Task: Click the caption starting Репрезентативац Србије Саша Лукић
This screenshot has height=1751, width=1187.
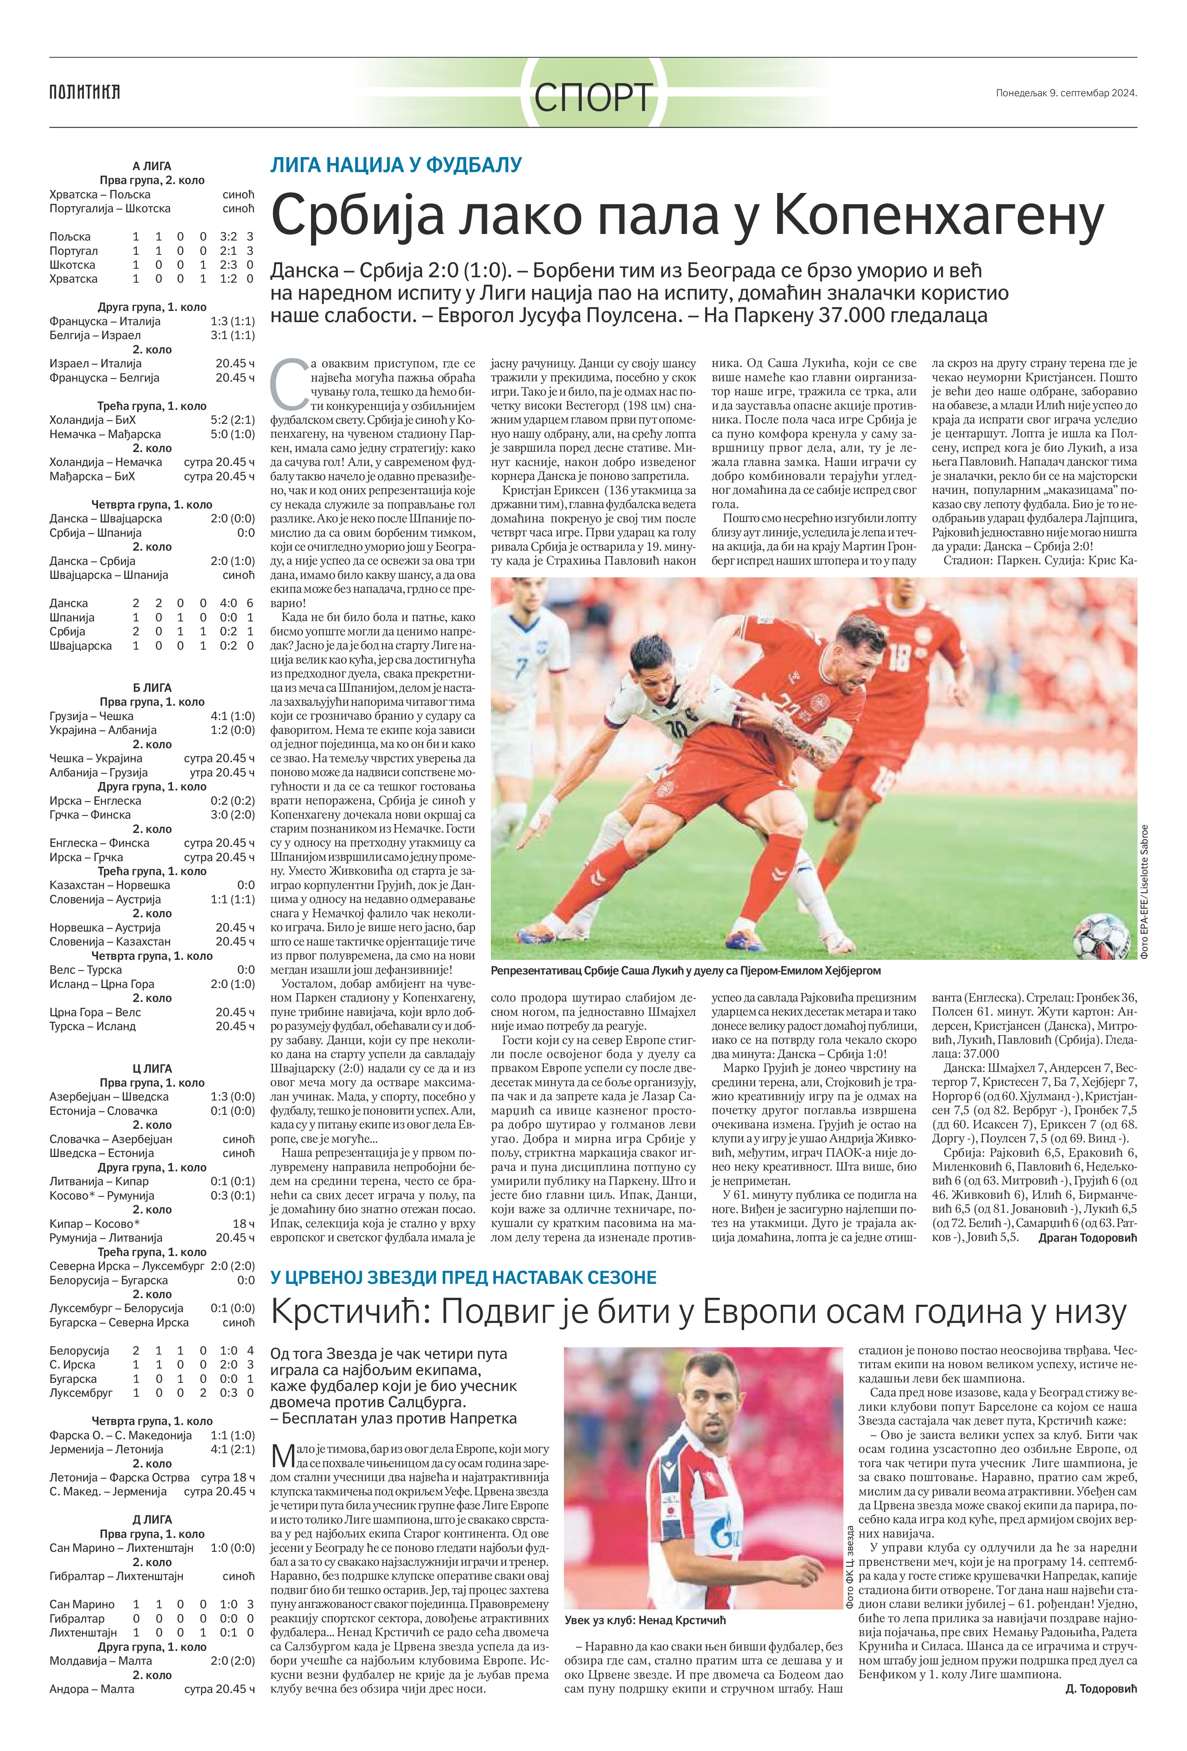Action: pos(685,970)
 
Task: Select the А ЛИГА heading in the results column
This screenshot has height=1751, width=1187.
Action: pos(152,166)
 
